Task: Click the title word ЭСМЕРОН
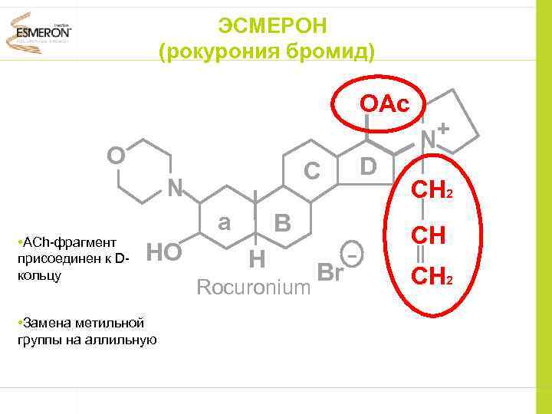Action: click(x=272, y=26)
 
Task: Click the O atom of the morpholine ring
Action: click(x=117, y=156)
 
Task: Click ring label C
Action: click(x=310, y=171)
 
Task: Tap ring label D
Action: click(x=369, y=166)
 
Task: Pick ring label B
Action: click(x=282, y=223)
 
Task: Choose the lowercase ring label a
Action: click(x=224, y=222)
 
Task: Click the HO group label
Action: click(x=163, y=251)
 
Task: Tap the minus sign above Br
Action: click(x=352, y=254)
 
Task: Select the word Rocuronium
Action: click(x=253, y=287)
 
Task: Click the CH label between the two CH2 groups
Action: click(x=429, y=235)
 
